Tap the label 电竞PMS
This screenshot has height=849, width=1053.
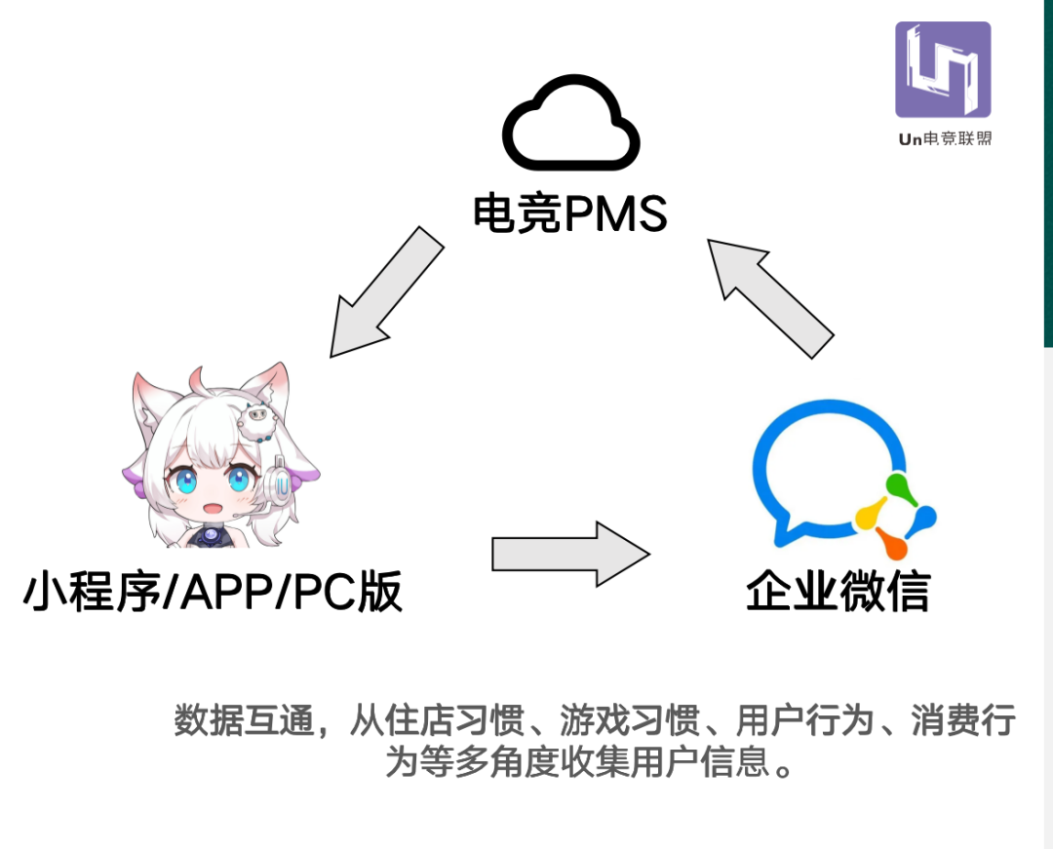(570, 213)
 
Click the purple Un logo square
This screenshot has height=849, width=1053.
(943, 69)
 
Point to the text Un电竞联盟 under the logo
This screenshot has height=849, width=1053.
(944, 139)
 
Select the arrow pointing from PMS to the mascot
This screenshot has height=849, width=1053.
(386, 291)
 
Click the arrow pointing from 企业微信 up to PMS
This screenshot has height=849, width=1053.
(770, 296)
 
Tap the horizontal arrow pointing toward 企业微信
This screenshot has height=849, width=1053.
(570, 554)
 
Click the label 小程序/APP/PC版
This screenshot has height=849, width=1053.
(213, 592)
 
